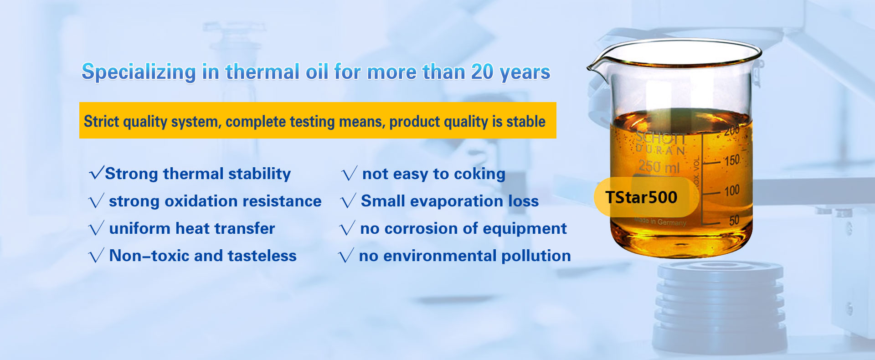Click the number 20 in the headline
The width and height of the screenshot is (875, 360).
pyautogui.click(x=482, y=72)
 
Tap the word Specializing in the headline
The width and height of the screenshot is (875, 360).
pyautogui.click(x=139, y=72)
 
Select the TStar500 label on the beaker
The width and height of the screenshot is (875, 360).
pyautogui.click(x=641, y=197)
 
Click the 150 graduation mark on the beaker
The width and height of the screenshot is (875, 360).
pyautogui.click(x=731, y=160)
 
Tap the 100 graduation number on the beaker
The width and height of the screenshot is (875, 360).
pyautogui.click(x=732, y=190)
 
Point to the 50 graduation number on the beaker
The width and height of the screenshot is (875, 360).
pyautogui.click(x=734, y=221)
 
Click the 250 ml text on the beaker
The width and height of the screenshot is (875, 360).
pyautogui.click(x=659, y=167)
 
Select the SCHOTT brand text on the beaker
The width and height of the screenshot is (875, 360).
pyautogui.click(x=661, y=137)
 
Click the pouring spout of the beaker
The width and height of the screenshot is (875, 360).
pyautogui.click(x=592, y=67)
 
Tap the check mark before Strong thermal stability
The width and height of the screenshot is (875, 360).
pyautogui.click(x=97, y=173)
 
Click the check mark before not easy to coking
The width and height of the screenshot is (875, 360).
pyautogui.click(x=349, y=174)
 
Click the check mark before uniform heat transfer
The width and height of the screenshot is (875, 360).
pyautogui.click(x=96, y=228)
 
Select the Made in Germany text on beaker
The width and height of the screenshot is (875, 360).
pyautogui.click(x=660, y=221)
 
